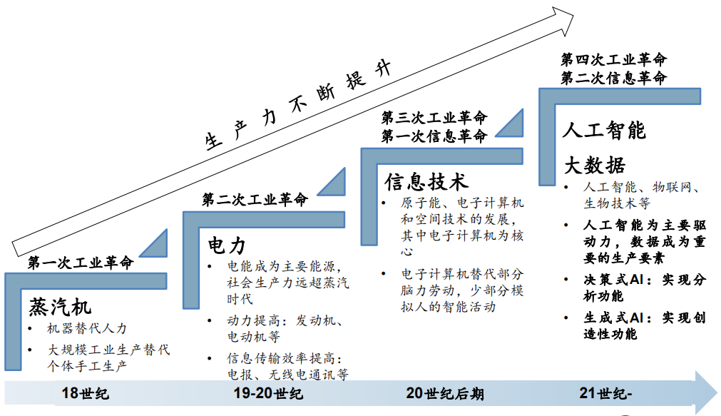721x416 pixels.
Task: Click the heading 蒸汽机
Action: [60, 308]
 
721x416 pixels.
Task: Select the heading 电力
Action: [227, 246]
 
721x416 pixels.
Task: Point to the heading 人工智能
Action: [603, 131]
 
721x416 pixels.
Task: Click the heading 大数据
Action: [595, 166]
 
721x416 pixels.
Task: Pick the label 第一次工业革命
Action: [81, 263]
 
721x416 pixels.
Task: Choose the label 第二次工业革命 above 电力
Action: [255, 200]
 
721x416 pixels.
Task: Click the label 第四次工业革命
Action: [613, 59]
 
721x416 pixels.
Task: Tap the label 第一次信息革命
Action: [434, 136]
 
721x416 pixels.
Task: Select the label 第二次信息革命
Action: [613, 78]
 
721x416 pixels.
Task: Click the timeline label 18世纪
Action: [86, 393]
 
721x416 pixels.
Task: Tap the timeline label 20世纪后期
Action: [444, 393]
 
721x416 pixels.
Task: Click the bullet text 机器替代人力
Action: [86, 328]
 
